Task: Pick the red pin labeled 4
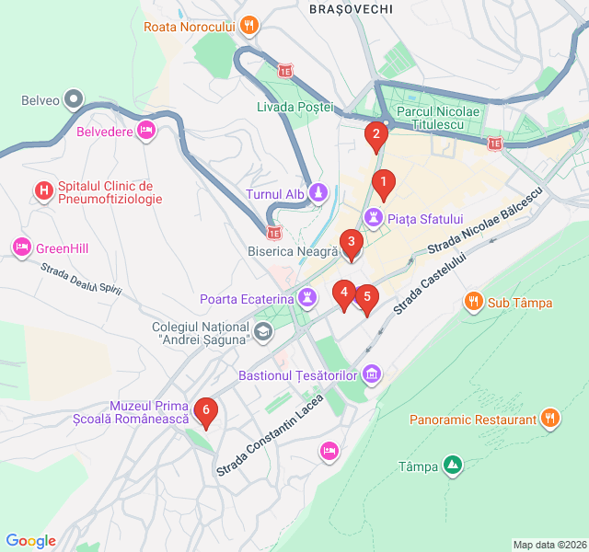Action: (343, 294)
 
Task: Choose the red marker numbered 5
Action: (367, 298)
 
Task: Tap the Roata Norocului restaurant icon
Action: (249, 26)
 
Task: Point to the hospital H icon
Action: (42, 191)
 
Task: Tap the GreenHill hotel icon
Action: (21, 247)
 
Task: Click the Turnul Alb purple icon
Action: (318, 193)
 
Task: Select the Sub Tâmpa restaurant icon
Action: (473, 301)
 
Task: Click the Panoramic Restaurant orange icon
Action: (550, 420)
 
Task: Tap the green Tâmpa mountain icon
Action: (452, 466)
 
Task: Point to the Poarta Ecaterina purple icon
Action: (307, 298)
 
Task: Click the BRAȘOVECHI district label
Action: (352, 8)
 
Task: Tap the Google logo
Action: (30, 541)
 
